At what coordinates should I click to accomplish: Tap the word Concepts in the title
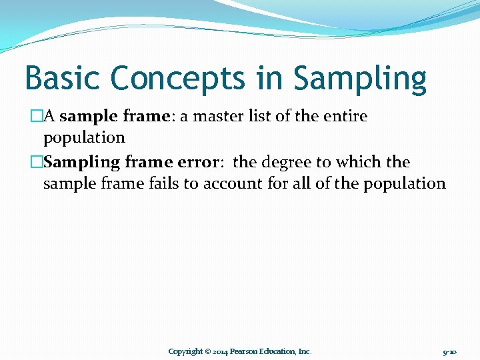tap(178, 78)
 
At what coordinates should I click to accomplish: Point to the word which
tap(359, 163)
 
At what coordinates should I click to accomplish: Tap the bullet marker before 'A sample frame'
tap(37, 117)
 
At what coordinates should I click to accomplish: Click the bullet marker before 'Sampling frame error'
tap(37, 163)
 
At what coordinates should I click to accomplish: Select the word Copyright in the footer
tap(185, 351)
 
